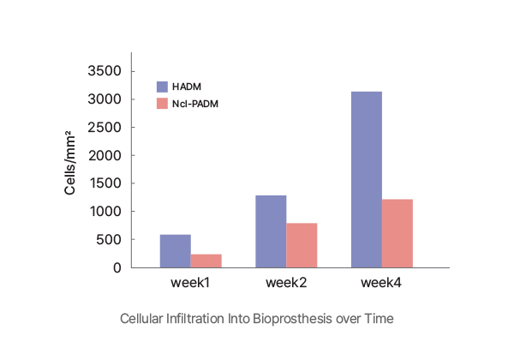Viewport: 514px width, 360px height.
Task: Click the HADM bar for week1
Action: click(x=176, y=251)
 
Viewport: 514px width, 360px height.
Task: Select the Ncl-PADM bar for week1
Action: click(x=206, y=261)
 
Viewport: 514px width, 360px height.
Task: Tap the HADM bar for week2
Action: click(x=271, y=231)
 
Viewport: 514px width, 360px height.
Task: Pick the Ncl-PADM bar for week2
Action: click(x=302, y=245)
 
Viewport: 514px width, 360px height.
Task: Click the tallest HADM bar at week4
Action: click(x=367, y=179)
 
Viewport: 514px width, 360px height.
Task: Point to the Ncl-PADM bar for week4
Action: click(x=397, y=233)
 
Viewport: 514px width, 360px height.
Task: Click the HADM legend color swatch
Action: click(x=161, y=87)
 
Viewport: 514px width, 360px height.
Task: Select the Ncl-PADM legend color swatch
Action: click(x=161, y=104)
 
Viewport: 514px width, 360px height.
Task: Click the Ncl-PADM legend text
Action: click(x=195, y=104)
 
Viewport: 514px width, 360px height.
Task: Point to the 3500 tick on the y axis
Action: click(x=106, y=71)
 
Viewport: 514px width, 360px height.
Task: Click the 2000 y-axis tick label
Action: click(x=106, y=155)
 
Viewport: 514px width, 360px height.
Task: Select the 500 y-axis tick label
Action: click(x=111, y=239)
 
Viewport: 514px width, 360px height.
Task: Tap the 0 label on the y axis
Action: click(x=118, y=267)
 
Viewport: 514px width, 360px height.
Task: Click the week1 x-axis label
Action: click(x=191, y=281)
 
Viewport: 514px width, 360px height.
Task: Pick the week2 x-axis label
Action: click(x=286, y=281)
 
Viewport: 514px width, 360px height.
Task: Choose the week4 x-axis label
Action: click(x=382, y=281)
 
